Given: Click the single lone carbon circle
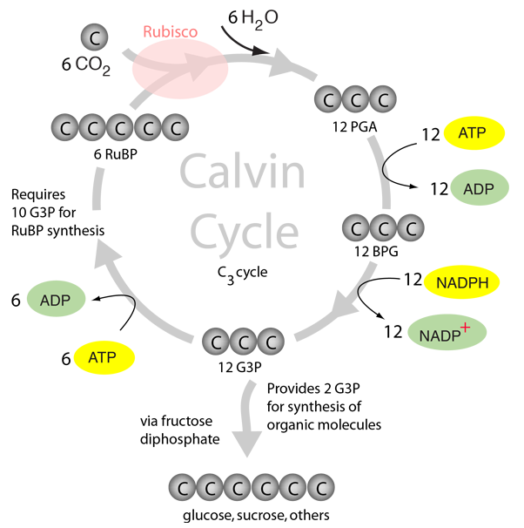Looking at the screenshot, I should click(95, 37).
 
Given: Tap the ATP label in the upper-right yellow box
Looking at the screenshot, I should click(472, 133).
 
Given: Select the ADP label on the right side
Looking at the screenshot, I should click(479, 189).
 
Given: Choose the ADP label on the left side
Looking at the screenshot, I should click(54, 301).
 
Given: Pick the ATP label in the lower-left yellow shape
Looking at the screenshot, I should click(102, 357).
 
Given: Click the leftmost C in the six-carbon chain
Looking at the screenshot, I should click(182, 487).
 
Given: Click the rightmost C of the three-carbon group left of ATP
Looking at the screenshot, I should click(382, 101).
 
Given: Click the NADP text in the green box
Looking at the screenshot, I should click(438, 335).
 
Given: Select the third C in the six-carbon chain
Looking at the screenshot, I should click(238, 487).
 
